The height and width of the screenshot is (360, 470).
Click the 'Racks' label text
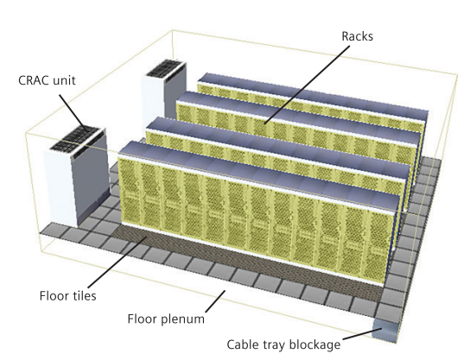tap(358, 36)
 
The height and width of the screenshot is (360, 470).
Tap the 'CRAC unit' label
tap(47, 80)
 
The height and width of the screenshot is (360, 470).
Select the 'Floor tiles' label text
tap(67, 295)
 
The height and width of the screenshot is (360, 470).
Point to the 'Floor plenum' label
tap(166, 319)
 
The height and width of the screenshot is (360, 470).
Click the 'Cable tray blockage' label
tap(283, 344)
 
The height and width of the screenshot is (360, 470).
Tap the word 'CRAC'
tap(33, 80)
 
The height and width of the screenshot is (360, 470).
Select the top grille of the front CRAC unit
tap(74, 139)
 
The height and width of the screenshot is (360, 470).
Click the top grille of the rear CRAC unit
tap(165, 68)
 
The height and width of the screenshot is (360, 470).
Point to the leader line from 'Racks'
tap(308, 85)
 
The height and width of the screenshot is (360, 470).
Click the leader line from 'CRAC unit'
tap(73, 112)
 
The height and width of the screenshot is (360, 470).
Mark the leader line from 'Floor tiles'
tap(117, 262)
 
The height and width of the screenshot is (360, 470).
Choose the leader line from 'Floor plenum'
tap(215, 301)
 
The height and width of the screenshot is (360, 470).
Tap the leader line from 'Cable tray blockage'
tap(362, 334)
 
